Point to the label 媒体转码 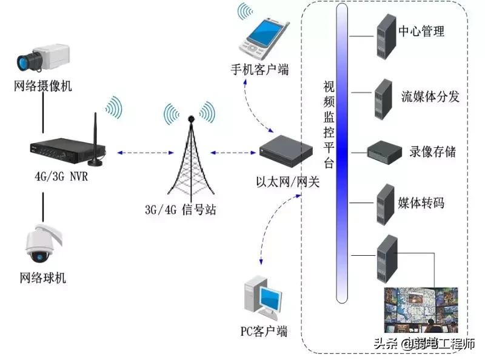tap(420, 202)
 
